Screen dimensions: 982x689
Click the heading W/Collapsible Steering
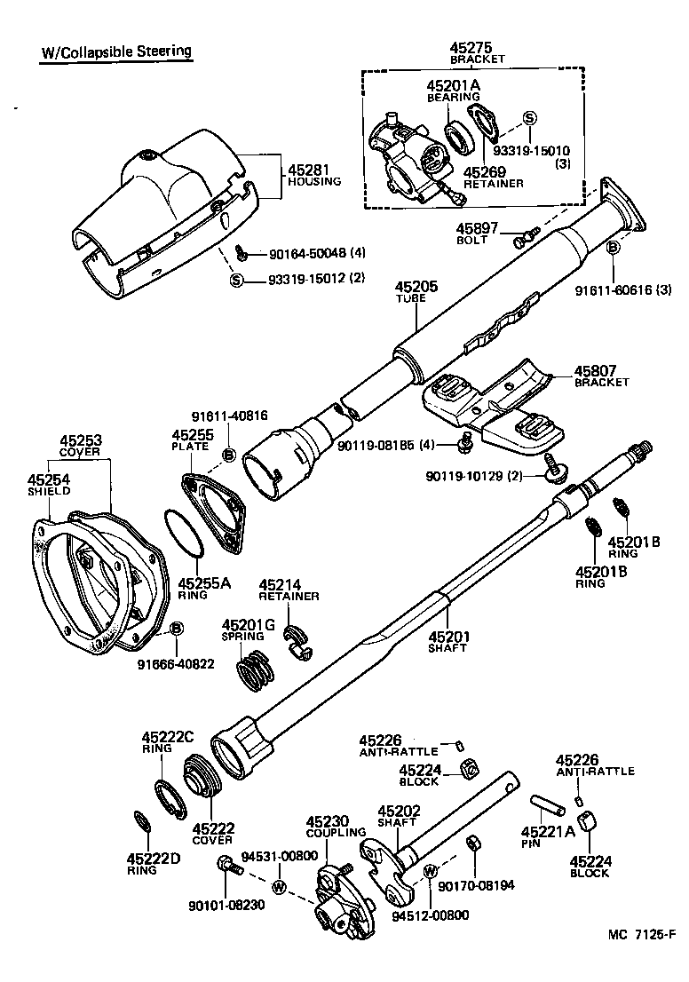pos(116,51)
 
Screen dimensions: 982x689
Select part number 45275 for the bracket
pos(476,47)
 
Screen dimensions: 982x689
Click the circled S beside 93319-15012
pos(237,281)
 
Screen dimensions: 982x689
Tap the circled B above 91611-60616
pos(613,249)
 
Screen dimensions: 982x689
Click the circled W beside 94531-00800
pos(279,886)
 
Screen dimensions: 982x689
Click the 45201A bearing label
pos(453,86)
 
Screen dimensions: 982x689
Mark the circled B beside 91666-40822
pos(176,629)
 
